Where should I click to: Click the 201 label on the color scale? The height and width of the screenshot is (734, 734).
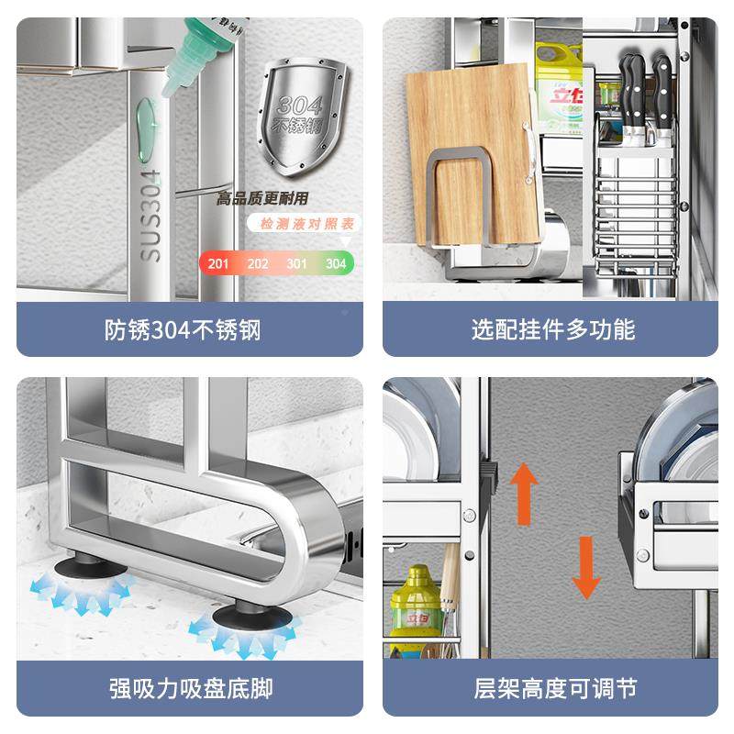218,264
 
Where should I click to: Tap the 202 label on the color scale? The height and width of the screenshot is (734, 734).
258,264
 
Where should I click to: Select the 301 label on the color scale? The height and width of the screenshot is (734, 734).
296,264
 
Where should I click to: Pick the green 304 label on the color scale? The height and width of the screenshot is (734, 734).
335,264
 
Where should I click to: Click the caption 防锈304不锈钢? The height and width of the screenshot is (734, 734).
183,329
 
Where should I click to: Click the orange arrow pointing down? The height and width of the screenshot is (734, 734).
585,568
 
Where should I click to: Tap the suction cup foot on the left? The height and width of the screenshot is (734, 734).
83,571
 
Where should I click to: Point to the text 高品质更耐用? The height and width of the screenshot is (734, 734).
263,198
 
